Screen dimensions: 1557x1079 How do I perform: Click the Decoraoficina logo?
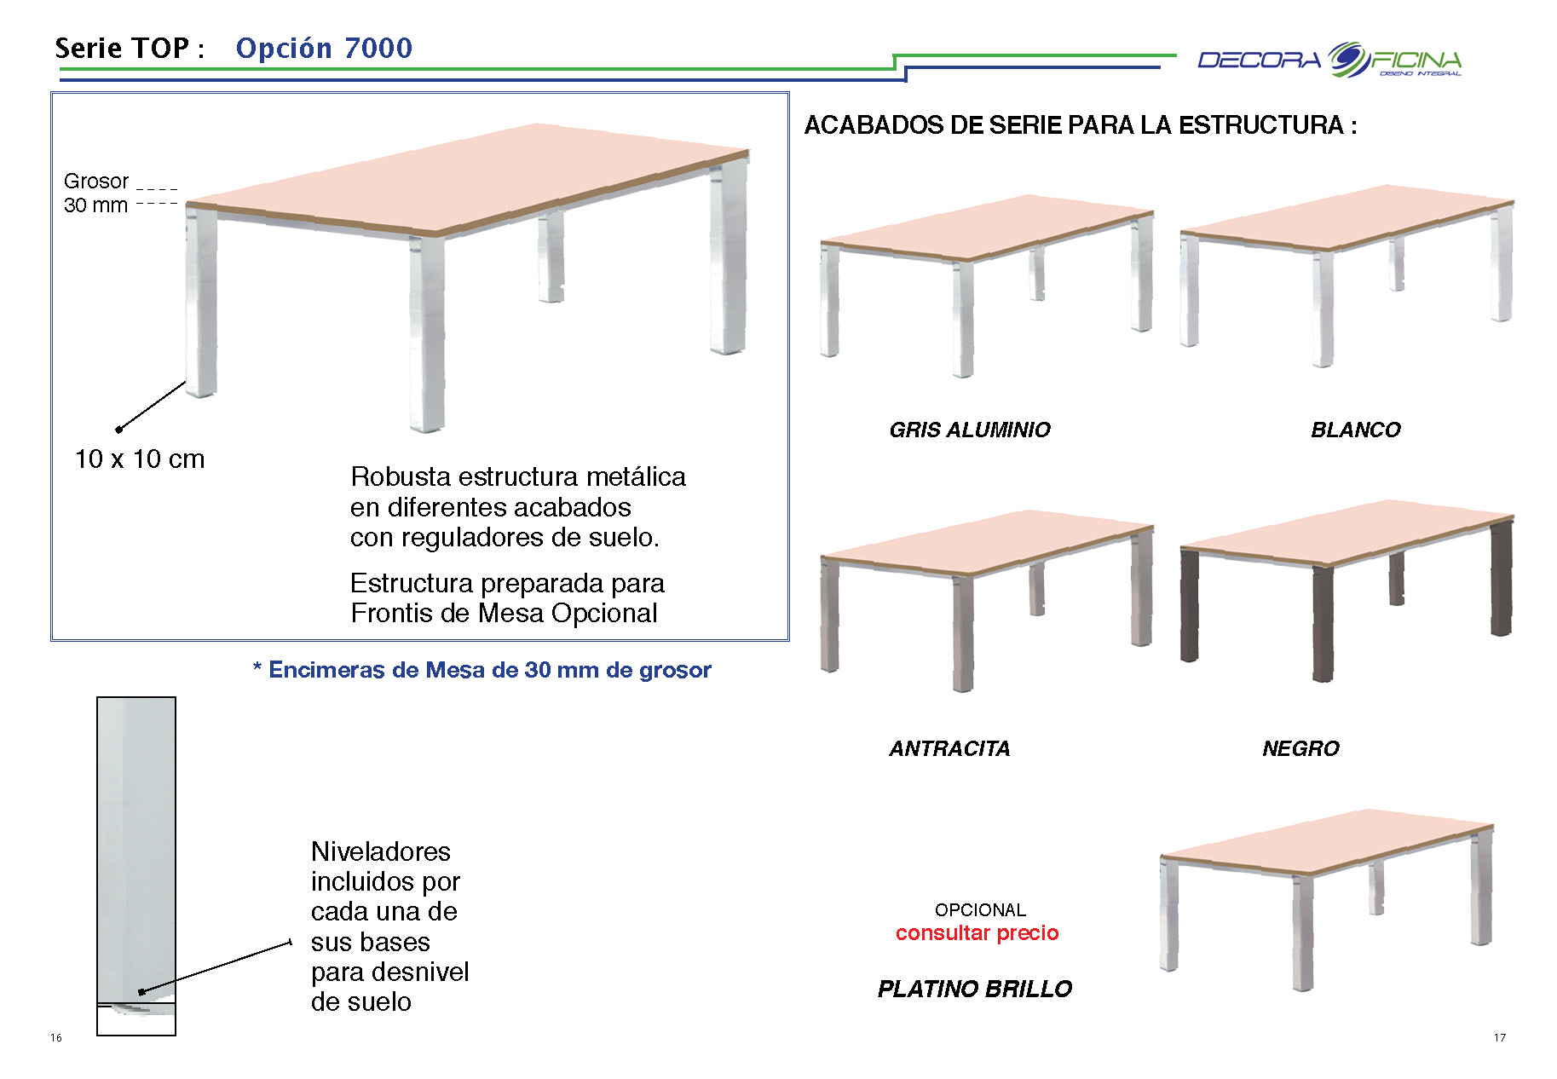(1329, 60)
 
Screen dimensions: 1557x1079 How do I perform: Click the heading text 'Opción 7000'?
(324, 48)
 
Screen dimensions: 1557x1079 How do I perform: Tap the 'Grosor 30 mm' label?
(96, 193)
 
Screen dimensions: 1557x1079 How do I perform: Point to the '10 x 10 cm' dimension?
(140, 459)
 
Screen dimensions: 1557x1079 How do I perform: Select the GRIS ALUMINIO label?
(970, 430)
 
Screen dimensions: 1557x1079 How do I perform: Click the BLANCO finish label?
(1356, 430)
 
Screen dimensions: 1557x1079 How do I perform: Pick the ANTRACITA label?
(949, 748)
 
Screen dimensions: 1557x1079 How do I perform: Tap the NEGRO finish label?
(1300, 748)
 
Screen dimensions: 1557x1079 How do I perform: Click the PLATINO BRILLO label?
(975, 989)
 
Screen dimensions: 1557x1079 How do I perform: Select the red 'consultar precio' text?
(977, 932)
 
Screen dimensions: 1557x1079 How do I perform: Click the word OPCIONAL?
(980, 910)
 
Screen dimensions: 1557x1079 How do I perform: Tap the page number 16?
(56, 1037)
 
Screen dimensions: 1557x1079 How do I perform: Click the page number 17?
(1500, 1037)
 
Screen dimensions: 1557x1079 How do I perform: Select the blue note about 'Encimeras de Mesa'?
(482, 670)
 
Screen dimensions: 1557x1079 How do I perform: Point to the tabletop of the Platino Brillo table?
(1327, 842)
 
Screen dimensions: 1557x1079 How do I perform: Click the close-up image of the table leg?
(136, 866)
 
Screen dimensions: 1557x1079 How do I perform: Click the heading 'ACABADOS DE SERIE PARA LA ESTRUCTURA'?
(1081, 125)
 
